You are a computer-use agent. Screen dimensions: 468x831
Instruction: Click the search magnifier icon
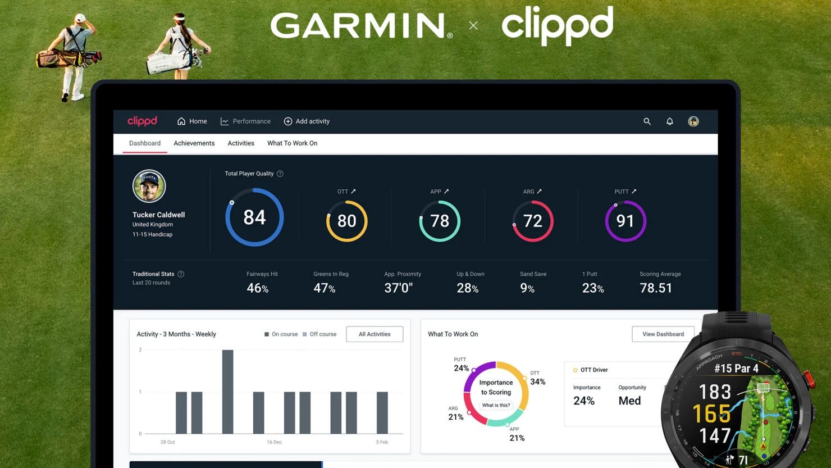point(647,121)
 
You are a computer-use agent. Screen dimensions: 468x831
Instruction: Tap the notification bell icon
point(670,121)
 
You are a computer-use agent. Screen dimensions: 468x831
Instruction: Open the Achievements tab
point(194,143)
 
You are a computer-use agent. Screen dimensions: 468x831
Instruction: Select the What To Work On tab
point(292,143)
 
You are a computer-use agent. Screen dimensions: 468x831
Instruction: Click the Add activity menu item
point(307,121)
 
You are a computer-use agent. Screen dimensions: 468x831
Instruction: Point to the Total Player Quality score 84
point(254,217)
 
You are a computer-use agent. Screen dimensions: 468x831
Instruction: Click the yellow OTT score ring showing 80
point(346,221)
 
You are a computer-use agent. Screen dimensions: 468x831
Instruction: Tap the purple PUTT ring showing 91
point(625,221)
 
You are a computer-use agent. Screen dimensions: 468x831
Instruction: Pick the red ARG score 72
point(532,221)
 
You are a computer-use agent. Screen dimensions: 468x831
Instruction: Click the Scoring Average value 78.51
point(656,288)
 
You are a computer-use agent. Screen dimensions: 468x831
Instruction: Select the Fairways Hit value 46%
point(258,288)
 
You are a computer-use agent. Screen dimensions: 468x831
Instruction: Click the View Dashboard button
point(663,334)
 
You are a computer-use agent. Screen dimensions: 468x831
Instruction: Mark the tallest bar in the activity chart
point(227,392)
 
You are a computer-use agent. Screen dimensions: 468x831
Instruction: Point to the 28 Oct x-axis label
point(167,442)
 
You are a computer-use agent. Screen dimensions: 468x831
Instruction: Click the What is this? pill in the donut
point(496,405)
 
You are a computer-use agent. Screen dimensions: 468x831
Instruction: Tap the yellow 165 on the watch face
point(711,414)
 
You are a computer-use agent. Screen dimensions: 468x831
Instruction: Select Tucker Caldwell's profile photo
point(149,186)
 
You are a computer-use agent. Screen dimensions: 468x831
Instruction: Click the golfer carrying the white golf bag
point(178,45)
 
